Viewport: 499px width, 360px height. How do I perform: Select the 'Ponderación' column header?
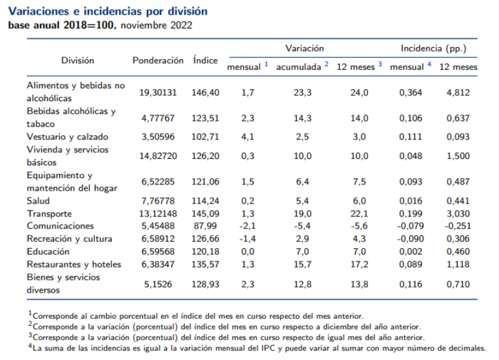coord(158,60)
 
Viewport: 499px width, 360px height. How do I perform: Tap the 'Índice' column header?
coord(205,60)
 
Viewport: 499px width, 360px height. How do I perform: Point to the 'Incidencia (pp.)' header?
coord(433,48)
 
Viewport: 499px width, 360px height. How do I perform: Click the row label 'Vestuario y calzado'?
coord(67,137)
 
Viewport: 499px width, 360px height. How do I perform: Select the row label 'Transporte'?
coord(50,213)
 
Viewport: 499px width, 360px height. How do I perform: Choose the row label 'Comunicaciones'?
coord(60,226)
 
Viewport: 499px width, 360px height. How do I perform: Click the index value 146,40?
coord(205,92)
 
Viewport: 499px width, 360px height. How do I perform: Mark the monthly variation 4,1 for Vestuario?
coord(248,137)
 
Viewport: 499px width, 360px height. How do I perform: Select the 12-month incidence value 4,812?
coord(458,92)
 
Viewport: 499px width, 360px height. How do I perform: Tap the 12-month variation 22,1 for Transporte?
coord(360,213)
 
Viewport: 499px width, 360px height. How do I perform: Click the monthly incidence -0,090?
coord(409,239)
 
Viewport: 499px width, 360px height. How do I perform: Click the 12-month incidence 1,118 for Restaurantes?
coord(458,264)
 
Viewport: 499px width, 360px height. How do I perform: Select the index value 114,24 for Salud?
coord(205,200)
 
